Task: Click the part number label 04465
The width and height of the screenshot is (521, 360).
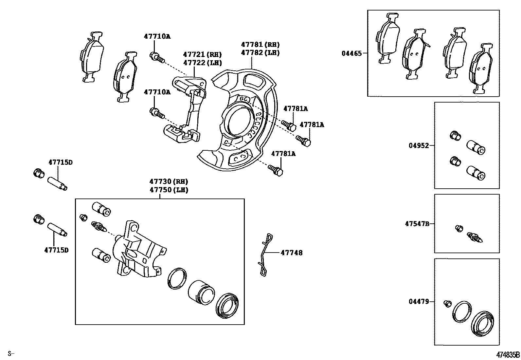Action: (x=351, y=53)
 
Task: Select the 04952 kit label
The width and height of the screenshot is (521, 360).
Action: (x=418, y=145)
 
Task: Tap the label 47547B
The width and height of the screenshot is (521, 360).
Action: (x=417, y=224)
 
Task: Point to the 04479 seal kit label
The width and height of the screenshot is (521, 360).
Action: (x=418, y=301)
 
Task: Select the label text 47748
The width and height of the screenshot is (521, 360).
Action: (x=291, y=253)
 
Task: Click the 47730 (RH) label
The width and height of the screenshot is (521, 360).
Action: (x=169, y=181)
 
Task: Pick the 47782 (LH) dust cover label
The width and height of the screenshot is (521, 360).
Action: (x=260, y=53)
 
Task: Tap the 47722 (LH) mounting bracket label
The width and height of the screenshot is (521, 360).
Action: (x=202, y=63)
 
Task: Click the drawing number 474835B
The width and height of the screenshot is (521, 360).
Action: (x=508, y=355)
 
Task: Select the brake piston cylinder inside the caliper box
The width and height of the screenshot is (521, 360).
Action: (x=201, y=291)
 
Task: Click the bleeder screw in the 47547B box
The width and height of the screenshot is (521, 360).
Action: (x=475, y=237)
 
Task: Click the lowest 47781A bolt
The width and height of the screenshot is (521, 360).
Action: (x=276, y=170)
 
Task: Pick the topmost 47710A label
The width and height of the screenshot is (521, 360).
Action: (x=157, y=36)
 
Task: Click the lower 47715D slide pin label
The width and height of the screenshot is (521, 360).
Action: (x=56, y=250)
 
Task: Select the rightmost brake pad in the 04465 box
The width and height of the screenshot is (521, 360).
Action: (x=480, y=69)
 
